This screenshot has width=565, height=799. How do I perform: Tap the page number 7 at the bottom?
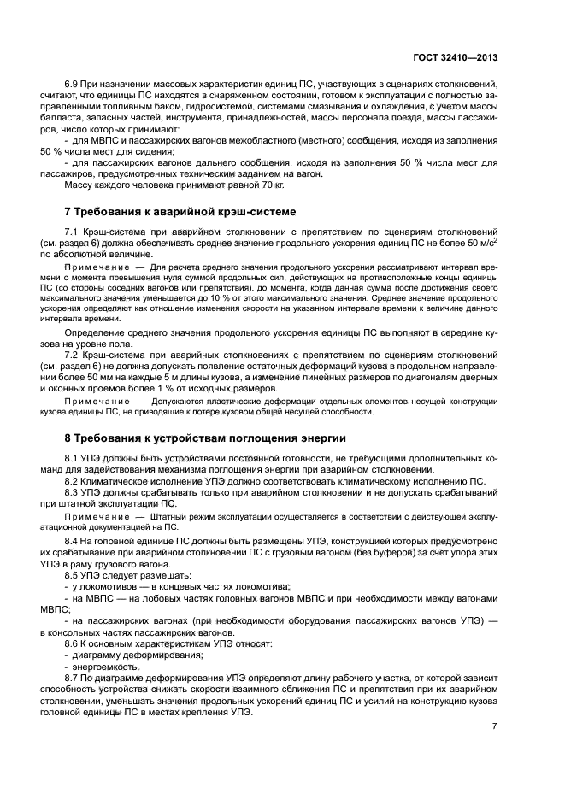[x=494, y=725]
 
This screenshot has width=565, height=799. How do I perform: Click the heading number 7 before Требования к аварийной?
[x=68, y=211]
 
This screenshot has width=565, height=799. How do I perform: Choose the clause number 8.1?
[x=72, y=457]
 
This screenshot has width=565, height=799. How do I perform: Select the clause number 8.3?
[x=72, y=493]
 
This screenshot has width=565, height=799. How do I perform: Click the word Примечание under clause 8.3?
[x=95, y=518]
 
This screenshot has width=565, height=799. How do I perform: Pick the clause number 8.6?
[x=72, y=642]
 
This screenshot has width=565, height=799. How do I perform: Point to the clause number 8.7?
[x=72, y=678]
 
